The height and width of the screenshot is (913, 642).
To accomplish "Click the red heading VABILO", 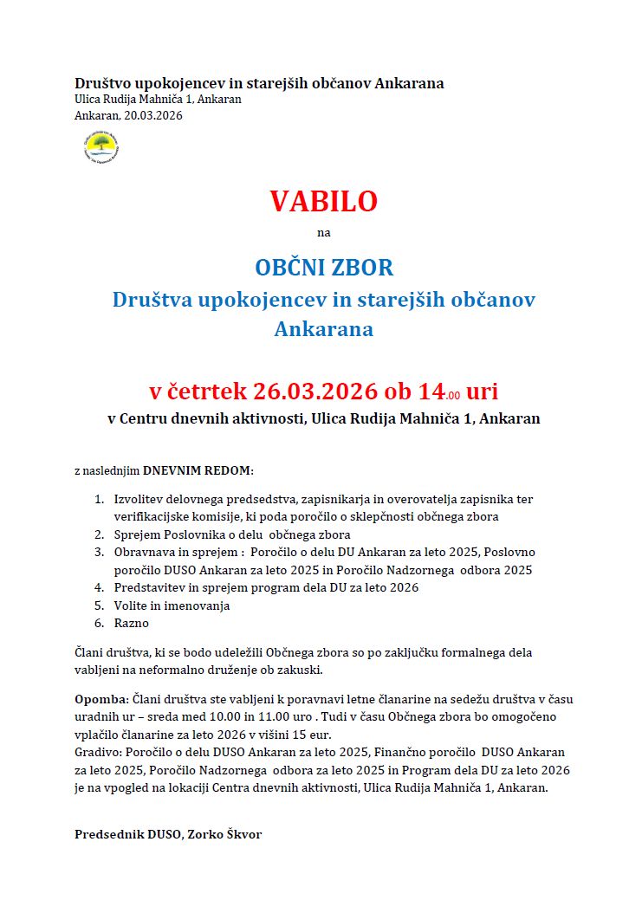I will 324,201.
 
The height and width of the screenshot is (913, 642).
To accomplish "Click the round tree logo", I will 101,146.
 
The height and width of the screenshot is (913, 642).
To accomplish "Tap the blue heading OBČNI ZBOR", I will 324,266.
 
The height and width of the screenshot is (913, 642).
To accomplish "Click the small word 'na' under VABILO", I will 324,232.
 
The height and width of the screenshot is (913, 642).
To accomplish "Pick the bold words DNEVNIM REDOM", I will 198,470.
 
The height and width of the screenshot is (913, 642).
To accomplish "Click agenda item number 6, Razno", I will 132,623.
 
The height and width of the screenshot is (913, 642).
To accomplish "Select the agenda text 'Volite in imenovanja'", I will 172,605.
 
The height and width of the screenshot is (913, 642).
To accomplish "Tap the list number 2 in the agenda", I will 99,534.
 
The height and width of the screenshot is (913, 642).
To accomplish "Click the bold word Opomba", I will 101,699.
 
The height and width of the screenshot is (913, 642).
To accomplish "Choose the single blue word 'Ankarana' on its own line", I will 324,329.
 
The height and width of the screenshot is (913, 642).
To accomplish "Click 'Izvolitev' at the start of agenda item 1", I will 139,500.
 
